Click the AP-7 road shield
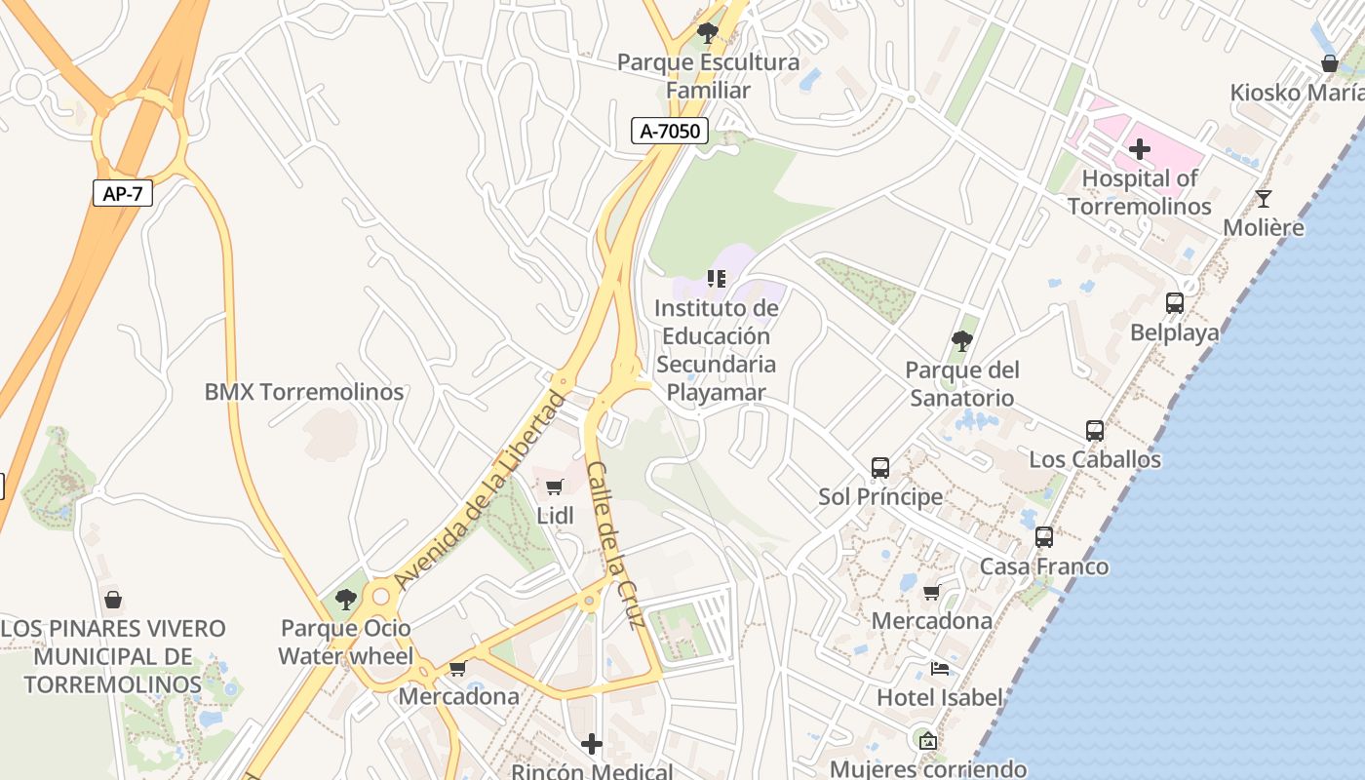(x=123, y=193)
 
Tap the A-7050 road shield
(x=669, y=131)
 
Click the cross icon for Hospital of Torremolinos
(x=1139, y=149)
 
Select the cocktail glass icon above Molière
(x=1264, y=199)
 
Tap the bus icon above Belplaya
(x=1174, y=303)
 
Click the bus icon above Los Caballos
(x=1095, y=430)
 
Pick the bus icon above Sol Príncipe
(x=880, y=467)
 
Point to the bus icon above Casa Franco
(x=1044, y=537)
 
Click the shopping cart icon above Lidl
(x=555, y=487)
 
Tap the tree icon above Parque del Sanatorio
(x=962, y=340)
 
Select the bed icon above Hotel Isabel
(x=939, y=669)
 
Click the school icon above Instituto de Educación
(x=717, y=279)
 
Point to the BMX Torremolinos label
(x=303, y=392)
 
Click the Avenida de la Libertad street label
(x=480, y=490)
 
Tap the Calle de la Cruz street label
(x=616, y=544)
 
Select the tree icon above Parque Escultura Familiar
(x=708, y=33)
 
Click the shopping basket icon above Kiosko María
(x=1329, y=63)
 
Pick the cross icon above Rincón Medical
(x=592, y=744)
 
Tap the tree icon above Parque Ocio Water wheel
(x=345, y=599)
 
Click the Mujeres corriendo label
(x=927, y=768)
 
